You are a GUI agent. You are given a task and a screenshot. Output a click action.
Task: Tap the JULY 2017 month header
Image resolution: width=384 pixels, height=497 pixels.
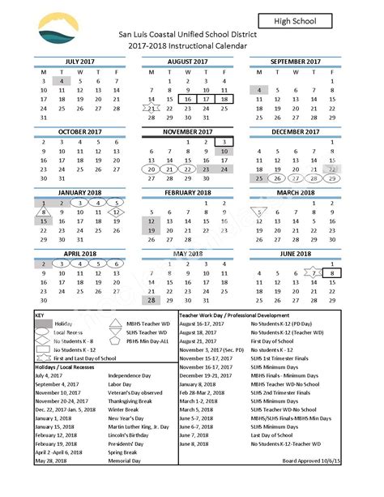80,60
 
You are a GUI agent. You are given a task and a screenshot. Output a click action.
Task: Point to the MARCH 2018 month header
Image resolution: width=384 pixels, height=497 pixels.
294,193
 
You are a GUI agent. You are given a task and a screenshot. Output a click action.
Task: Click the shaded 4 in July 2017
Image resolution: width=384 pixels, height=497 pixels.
62,81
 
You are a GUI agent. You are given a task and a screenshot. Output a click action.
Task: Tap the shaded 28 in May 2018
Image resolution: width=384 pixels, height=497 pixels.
151,299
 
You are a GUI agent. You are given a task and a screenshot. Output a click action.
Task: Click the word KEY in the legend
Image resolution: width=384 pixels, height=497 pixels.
41,313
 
